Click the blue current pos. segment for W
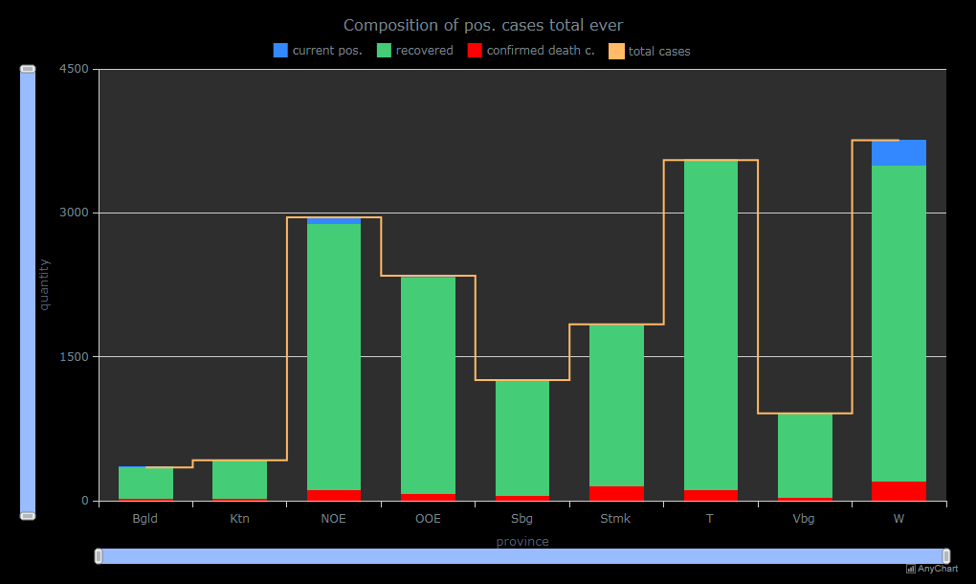[898, 153]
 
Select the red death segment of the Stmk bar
[616, 493]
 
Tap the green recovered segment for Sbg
[522, 438]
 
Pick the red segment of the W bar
[898, 490]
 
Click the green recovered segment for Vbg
[805, 456]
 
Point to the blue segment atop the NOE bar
[334, 220]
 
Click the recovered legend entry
[414, 51]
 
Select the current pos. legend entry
[318, 51]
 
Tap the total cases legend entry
[650, 51]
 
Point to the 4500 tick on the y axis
[74, 69]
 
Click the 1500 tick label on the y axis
[74, 357]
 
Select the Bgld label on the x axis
[145, 519]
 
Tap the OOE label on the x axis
[428, 519]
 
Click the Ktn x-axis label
[239, 519]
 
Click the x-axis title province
[522, 542]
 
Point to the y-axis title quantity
[44, 284]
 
